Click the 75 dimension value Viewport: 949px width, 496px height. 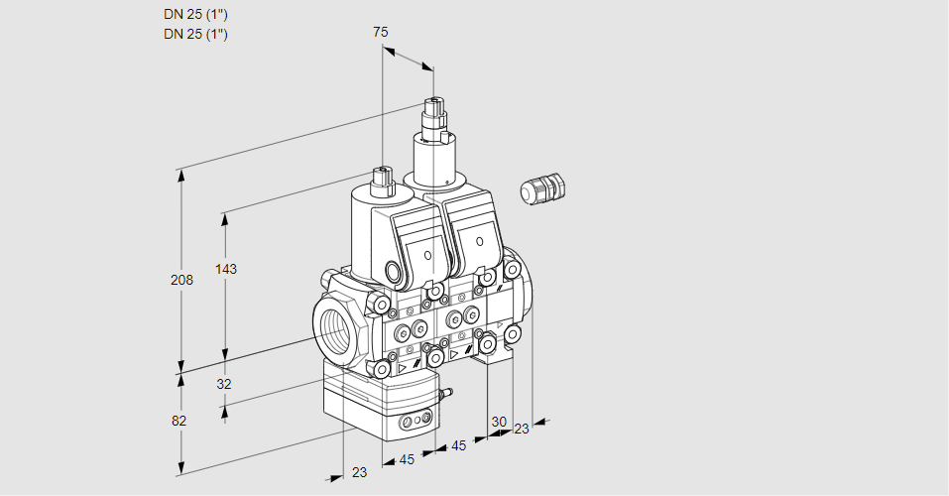pos(381,32)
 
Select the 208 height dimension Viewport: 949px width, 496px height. pos(181,281)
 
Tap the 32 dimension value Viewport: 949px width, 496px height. pos(223,384)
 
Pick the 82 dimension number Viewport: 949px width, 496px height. pos(178,421)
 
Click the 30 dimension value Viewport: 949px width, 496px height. pos(499,421)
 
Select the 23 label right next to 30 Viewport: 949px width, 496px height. pos(522,429)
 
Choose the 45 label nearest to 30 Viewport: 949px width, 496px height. pos(459,446)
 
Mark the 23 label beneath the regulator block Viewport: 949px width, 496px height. pos(359,472)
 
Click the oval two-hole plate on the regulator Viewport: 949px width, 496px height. pos(415,424)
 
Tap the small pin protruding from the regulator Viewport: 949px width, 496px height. pos(445,395)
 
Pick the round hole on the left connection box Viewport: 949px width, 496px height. pos(428,256)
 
